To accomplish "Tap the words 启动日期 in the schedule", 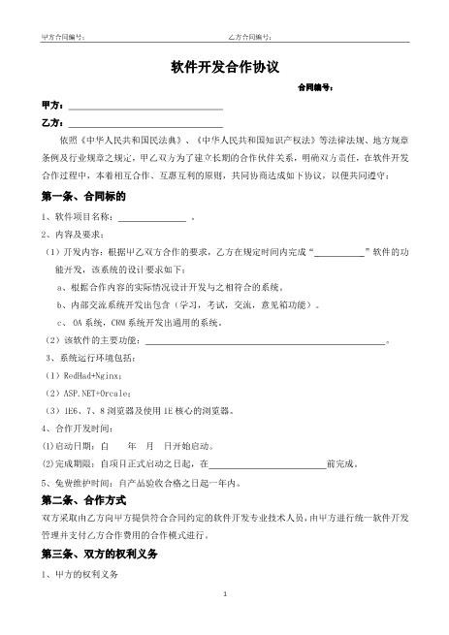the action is click(75, 445).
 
